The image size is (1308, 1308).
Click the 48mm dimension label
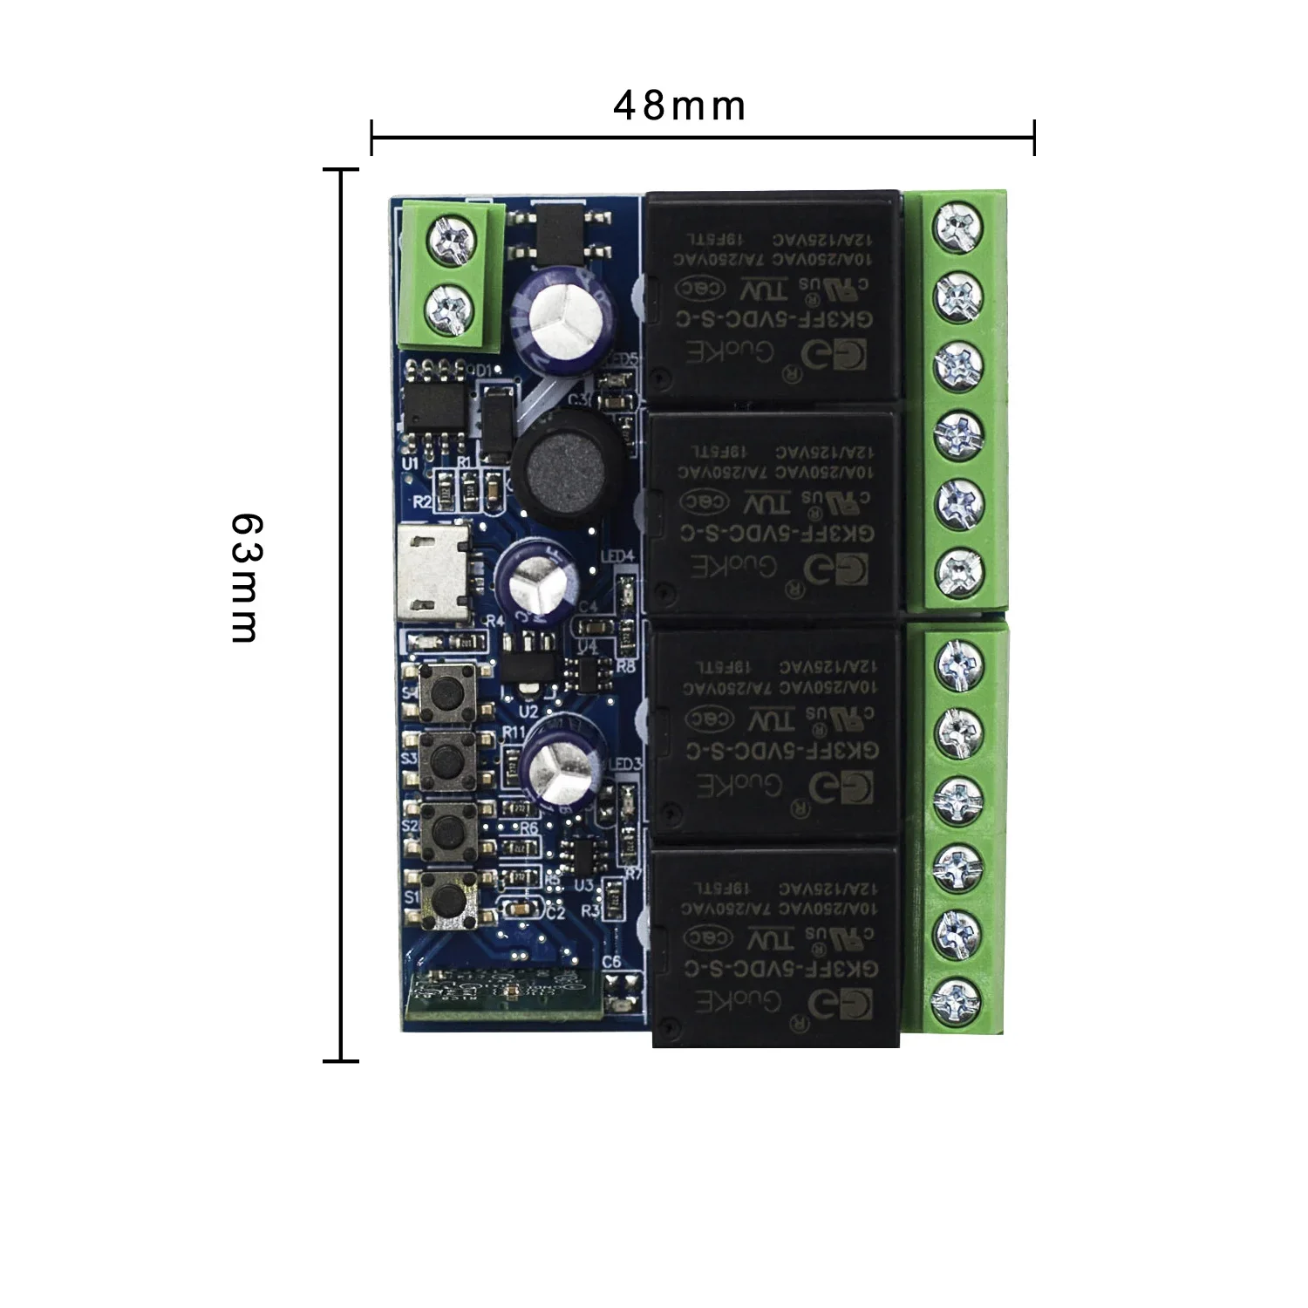pos(679,106)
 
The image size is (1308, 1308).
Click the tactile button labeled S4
pos(446,689)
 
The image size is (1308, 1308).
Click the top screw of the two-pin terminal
pos(453,238)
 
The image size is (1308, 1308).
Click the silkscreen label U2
pos(528,712)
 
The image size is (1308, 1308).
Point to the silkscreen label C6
pos(611,962)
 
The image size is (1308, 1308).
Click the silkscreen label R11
pos(514,732)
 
